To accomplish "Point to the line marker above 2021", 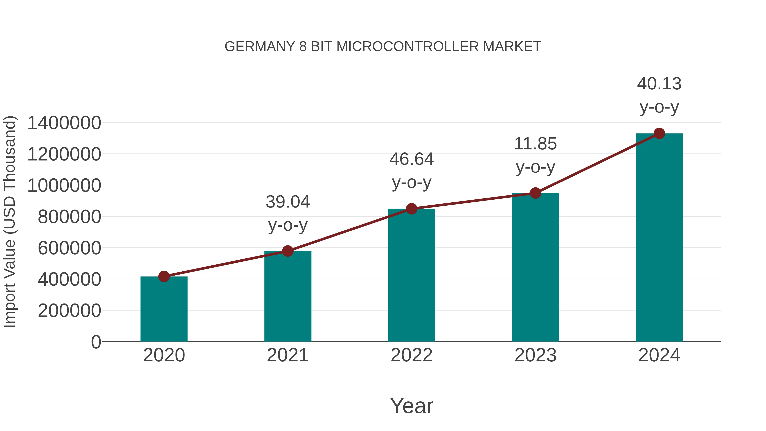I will tap(288, 251).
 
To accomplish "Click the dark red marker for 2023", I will tap(535, 193).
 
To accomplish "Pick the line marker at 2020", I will tap(164, 277).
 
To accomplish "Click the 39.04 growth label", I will tap(288, 202).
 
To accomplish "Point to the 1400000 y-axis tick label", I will tap(64, 123).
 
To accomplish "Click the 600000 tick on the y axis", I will tap(69, 248).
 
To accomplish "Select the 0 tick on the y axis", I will tap(96, 342).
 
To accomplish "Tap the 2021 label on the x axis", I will tap(288, 355).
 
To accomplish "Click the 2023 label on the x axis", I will tap(535, 355).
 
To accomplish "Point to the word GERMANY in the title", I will tap(260, 47).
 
